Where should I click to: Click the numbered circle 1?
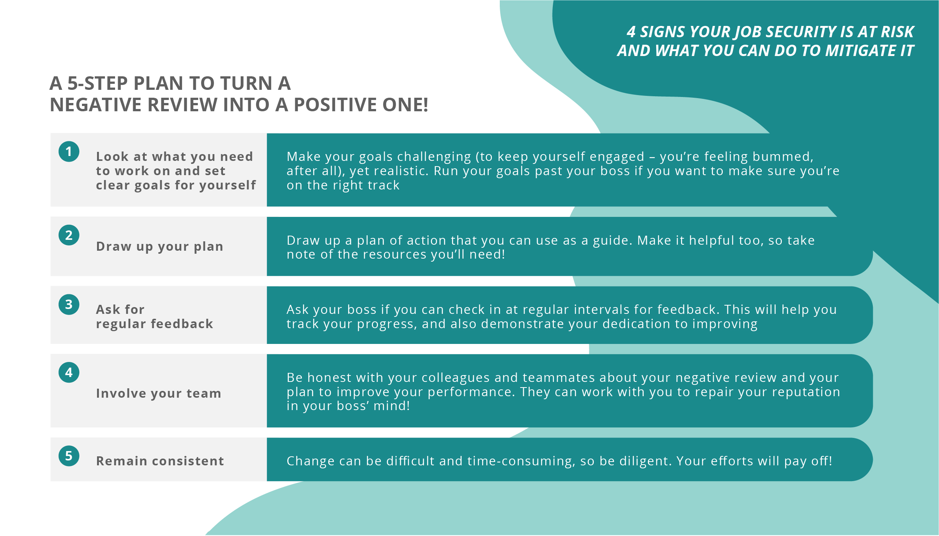tap(69, 151)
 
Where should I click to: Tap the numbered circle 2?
tap(69, 235)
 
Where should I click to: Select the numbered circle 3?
tap(69, 304)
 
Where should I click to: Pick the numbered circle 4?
tap(69, 372)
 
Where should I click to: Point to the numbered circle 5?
tap(69, 456)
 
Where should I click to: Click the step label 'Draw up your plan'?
tap(159, 247)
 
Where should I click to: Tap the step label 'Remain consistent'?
tap(160, 461)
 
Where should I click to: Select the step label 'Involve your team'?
tap(158, 393)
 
